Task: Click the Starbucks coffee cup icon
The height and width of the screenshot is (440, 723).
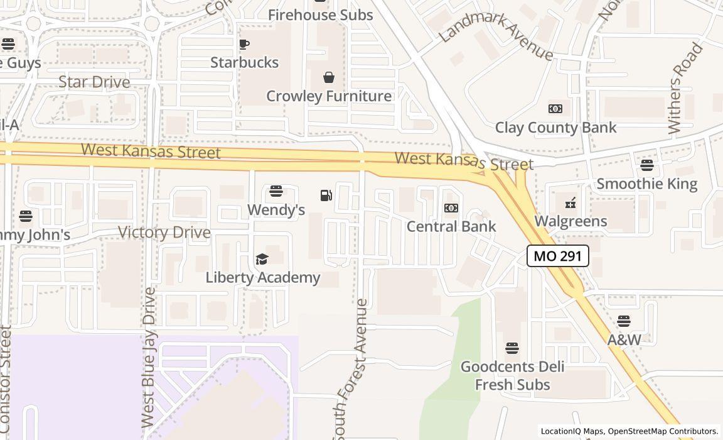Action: (x=244, y=44)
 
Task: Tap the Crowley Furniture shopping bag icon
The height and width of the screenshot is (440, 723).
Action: (x=328, y=77)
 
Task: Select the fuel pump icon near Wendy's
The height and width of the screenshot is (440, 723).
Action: (x=326, y=195)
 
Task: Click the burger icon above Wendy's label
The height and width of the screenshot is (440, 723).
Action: (x=276, y=191)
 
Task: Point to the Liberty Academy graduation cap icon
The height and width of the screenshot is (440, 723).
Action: (x=262, y=259)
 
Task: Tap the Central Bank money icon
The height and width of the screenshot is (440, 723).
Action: (x=451, y=208)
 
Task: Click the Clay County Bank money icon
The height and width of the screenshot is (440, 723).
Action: (x=555, y=109)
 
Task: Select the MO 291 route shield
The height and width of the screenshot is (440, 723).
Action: (x=557, y=256)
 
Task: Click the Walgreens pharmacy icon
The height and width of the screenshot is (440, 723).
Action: (x=570, y=203)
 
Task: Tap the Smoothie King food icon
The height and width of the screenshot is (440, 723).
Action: (x=646, y=165)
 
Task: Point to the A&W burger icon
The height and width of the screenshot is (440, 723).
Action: (x=623, y=321)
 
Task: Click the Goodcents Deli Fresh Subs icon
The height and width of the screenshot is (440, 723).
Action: (x=512, y=348)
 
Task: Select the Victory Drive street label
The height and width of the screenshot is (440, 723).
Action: (x=164, y=233)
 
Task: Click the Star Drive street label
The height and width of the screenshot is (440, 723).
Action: (x=94, y=82)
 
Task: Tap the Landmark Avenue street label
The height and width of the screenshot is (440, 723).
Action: (x=496, y=34)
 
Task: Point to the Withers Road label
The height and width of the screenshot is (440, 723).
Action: (x=684, y=88)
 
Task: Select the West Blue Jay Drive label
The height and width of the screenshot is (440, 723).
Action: (x=149, y=358)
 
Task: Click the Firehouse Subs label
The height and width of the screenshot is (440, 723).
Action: (x=320, y=14)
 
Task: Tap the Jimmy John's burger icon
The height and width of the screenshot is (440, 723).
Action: (x=25, y=216)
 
